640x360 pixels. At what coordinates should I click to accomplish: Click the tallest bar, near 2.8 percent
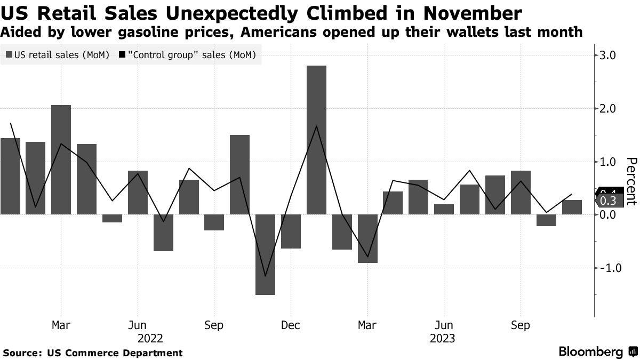pyautogui.click(x=316, y=140)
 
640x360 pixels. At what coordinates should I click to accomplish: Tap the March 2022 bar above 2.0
pyautogui.click(x=61, y=159)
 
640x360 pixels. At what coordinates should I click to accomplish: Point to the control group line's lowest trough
pyautogui.click(x=265, y=276)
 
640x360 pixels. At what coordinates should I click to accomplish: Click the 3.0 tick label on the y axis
pyautogui.click(x=608, y=55)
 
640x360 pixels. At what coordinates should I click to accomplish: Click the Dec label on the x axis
pyautogui.click(x=290, y=325)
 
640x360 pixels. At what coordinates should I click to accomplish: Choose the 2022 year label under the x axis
pyautogui.click(x=150, y=339)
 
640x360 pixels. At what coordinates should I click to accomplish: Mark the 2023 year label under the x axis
pyautogui.click(x=443, y=339)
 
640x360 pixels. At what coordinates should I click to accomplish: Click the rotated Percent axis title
pyautogui.click(x=630, y=181)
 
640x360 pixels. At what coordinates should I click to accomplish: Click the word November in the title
pyautogui.click(x=467, y=12)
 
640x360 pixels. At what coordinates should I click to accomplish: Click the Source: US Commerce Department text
pyautogui.click(x=93, y=353)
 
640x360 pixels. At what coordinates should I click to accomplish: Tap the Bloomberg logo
pyautogui.click(x=595, y=352)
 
